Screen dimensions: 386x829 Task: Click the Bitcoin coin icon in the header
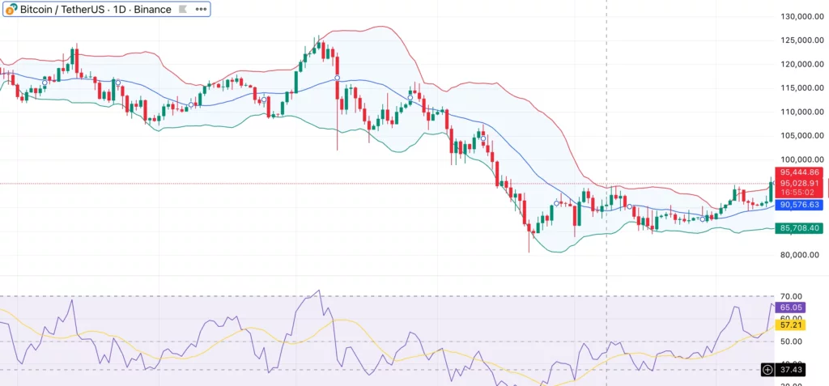[x=11, y=10]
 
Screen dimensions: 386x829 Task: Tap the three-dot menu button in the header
[x=201, y=10]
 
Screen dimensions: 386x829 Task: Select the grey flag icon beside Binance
[x=182, y=10]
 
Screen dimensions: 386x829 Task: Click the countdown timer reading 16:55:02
[x=801, y=194]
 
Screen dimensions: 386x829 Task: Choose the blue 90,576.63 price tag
[x=801, y=206]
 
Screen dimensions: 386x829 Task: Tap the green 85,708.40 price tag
[x=801, y=229]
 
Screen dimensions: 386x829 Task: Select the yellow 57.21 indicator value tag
[x=790, y=324]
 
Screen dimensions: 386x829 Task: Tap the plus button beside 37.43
[x=767, y=370]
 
